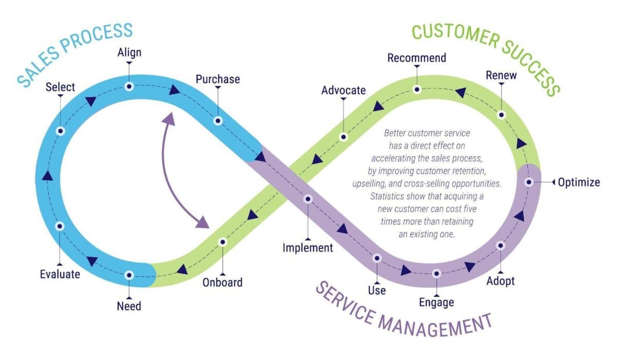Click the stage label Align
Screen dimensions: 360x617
pos(129,52)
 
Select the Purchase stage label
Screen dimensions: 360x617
pos(217,79)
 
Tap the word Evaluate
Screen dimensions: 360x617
pos(60,274)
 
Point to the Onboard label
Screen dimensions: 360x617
pos(222,282)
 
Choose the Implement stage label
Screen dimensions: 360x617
pos(307,248)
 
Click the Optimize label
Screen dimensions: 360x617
pos(579,182)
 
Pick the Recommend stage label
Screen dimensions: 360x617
pos(416,58)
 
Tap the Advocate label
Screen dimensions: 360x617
pos(343,91)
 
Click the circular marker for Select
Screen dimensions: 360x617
pos(61,131)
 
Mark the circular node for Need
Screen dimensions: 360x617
pos(129,275)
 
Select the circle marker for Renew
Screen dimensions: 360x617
pos(501,115)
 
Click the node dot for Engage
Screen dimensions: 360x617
pos(437,274)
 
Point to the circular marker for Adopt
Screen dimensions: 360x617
pos(500,246)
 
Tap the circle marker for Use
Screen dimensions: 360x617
pos(377,258)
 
